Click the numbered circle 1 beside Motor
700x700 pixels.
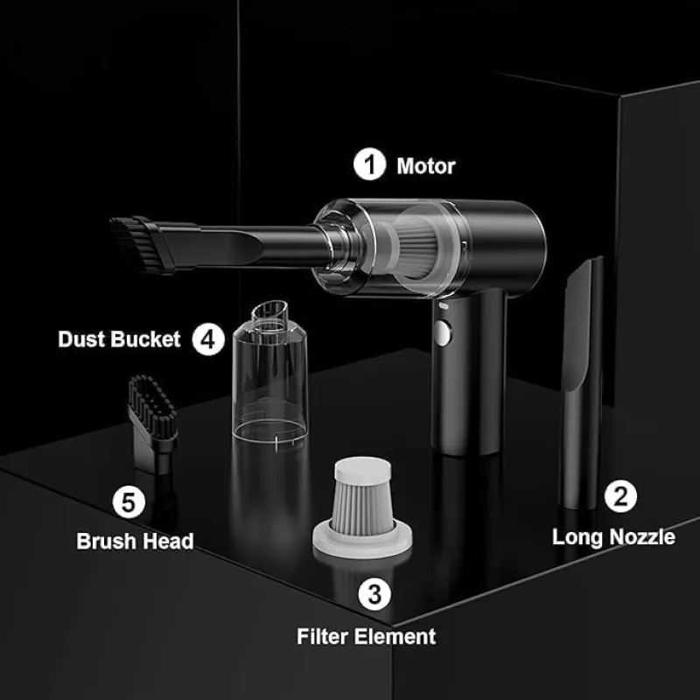369,164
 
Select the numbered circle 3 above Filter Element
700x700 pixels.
374,594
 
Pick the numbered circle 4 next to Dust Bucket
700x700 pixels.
208,339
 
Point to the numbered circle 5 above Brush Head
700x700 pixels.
129,501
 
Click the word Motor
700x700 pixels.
426,166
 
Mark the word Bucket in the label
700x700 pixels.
145,339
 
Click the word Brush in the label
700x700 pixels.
103,541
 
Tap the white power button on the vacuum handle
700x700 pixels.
442,332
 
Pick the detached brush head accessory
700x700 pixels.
153,423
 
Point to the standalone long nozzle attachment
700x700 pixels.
582,383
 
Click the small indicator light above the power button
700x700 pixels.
444,306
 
